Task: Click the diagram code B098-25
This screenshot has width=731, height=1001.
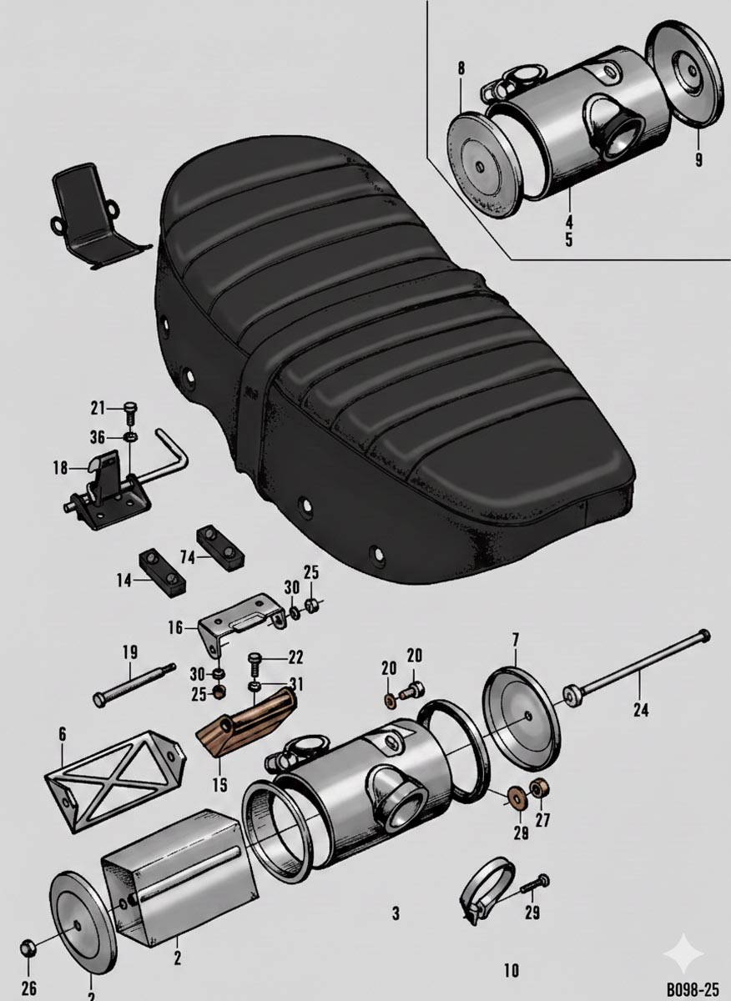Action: [692, 989]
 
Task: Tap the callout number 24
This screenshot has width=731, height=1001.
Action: [641, 711]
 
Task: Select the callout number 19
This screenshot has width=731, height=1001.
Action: [129, 651]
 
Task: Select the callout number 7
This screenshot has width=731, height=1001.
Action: [516, 641]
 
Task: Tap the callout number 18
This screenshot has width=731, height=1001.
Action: [60, 468]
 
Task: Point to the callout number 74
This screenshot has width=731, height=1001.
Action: [189, 556]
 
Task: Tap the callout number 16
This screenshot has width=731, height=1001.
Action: [176, 627]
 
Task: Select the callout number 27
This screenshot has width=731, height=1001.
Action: [542, 820]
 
